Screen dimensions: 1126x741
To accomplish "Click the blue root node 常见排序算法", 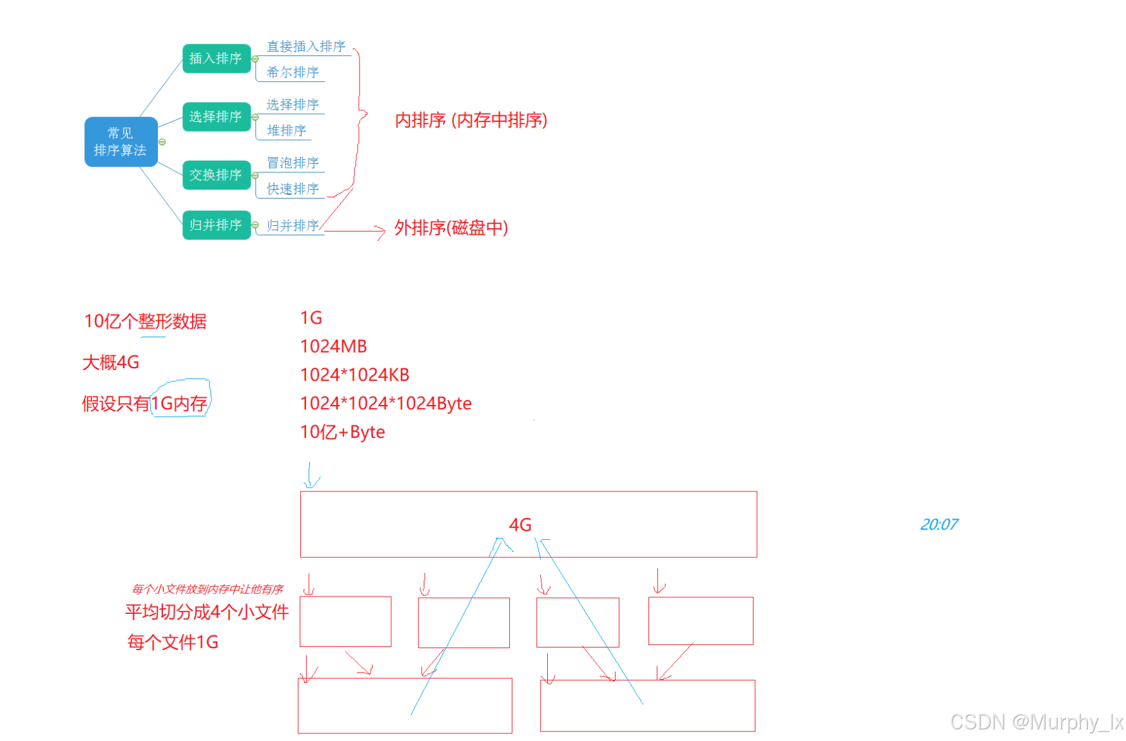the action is click(x=121, y=142).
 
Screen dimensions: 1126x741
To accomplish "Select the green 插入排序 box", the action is click(x=216, y=59).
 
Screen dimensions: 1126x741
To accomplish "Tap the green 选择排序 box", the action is click(x=216, y=117).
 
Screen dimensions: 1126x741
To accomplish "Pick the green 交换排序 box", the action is click(x=216, y=175).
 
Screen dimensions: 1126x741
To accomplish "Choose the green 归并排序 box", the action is click(x=216, y=225).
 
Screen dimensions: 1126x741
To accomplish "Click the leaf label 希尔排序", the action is click(x=293, y=72).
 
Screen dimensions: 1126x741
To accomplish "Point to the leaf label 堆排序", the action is click(x=286, y=130).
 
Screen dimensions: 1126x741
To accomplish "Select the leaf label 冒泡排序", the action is click(x=293, y=163).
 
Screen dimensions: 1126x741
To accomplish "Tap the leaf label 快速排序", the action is click(x=293, y=189).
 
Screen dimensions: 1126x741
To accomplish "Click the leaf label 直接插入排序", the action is click(x=306, y=46).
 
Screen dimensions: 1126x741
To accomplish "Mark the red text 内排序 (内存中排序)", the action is click(x=471, y=121).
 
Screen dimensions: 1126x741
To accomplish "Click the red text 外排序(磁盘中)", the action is click(x=451, y=228).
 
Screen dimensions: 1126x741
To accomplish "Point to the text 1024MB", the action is click(x=333, y=346).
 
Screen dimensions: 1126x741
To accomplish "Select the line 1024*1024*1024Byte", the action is click(x=385, y=403).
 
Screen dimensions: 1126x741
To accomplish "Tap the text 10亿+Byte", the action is click(x=342, y=432).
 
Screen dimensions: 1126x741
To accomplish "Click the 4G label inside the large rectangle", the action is click(x=520, y=525).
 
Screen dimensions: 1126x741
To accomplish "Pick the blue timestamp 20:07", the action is click(x=938, y=524).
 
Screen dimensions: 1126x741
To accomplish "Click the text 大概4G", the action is click(x=111, y=362).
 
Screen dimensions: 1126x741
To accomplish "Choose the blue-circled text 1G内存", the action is click(x=179, y=403).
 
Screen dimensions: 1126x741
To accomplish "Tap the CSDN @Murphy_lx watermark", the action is click(x=1036, y=722).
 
